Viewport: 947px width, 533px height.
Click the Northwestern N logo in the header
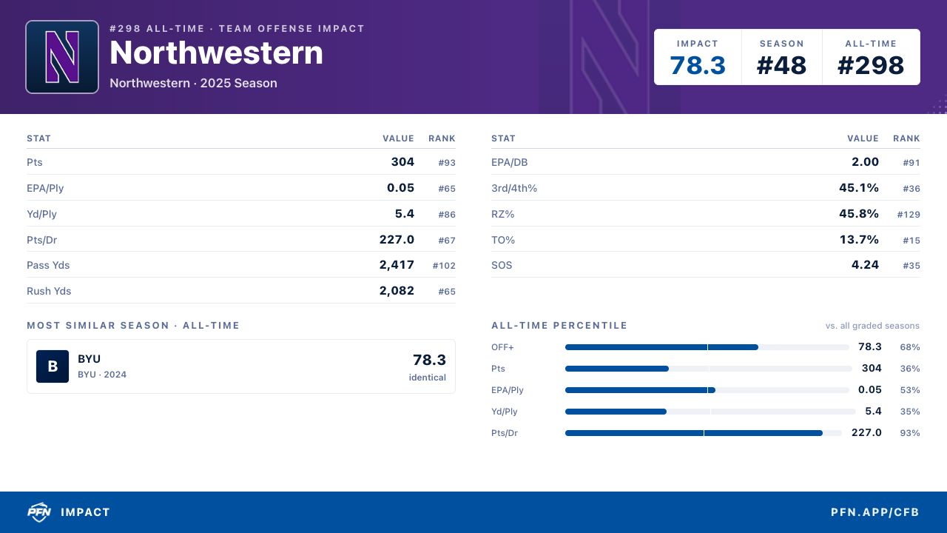[x=62, y=57]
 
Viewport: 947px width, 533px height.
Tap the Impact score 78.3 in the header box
[x=698, y=66]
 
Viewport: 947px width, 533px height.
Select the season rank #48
[x=781, y=66]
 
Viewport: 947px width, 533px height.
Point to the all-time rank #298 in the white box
[x=871, y=66]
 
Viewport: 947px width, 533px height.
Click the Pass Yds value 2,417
[x=397, y=265]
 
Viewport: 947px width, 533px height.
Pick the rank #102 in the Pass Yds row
[x=444, y=266]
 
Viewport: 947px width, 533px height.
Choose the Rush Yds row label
[x=49, y=291]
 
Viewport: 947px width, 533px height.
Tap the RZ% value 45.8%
[x=859, y=214]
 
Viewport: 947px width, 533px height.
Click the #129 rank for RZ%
[x=909, y=215]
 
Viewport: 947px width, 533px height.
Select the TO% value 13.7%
[x=859, y=239]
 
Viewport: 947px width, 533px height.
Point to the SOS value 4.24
[x=865, y=265]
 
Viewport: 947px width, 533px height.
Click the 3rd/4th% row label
[x=514, y=188]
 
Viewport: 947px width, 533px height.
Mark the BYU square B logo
[x=53, y=366]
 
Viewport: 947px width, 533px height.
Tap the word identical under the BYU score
[x=427, y=378]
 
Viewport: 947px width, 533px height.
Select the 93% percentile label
[x=910, y=433]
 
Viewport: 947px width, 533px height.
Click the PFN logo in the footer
[x=39, y=512]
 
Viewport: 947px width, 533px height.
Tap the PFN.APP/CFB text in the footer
[x=874, y=512]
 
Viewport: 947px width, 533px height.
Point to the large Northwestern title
[x=216, y=53]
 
